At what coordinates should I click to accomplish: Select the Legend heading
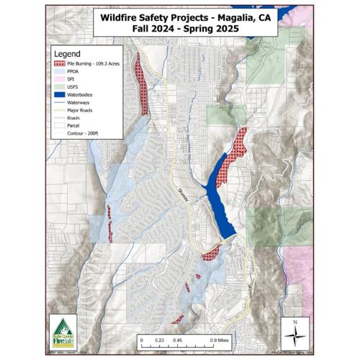[x=66, y=54]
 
